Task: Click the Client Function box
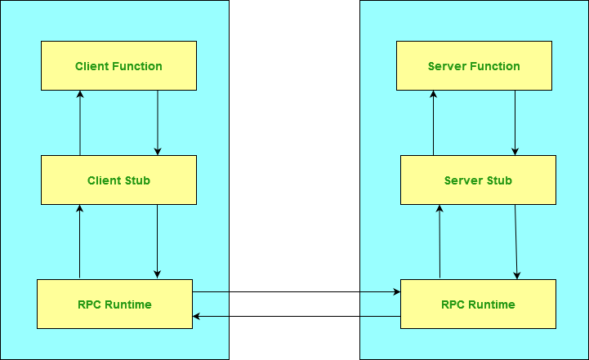[118, 65]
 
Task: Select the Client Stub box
[118, 180]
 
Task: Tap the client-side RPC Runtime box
[114, 304]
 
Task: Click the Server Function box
[474, 65]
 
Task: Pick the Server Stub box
[478, 180]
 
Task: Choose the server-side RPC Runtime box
[478, 304]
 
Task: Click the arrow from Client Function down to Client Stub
[158, 122]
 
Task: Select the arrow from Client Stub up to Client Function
[80, 122]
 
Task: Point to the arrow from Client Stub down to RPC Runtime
[158, 241]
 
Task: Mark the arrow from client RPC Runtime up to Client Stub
[80, 241]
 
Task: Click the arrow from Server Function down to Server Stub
[515, 122]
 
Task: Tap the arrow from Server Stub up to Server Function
[434, 122]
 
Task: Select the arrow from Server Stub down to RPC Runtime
[516, 241]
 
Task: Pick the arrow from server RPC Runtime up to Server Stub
[440, 241]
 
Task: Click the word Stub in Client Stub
[136, 180]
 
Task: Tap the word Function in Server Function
[495, 65]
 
